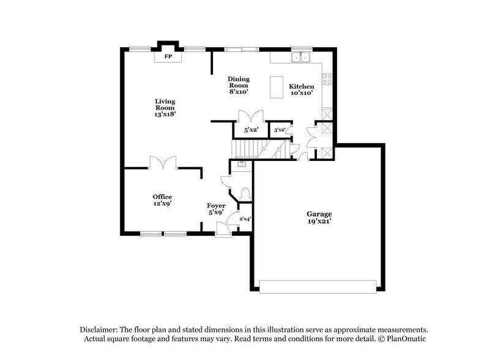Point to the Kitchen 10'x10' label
tap(301, 89)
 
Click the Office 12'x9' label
tap(162, 200)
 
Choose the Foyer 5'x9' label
tap(216, 209)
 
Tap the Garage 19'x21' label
tap(319, 218)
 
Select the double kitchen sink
tap(301, 58)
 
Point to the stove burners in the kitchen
tap(327, 78)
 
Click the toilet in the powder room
tap(246, 193)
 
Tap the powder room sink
tap(241, 164)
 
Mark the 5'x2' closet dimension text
tap(251, 130)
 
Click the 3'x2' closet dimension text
tap(279, 130)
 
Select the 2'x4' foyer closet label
tap(244, 219)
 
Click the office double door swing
tap(163, 162)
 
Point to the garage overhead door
tap(318, 286)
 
